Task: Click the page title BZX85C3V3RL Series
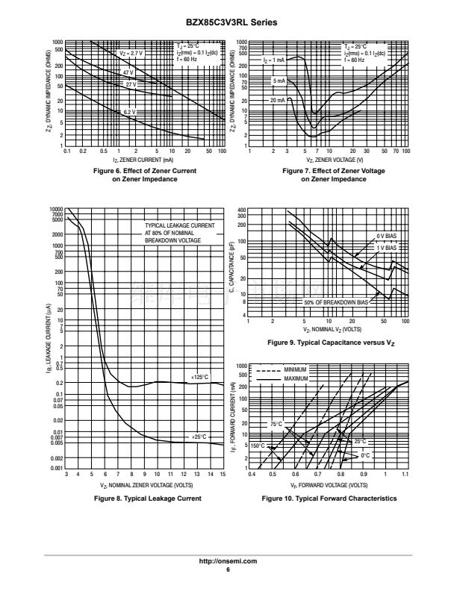point(228,23)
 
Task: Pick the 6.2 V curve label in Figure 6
point(130,111)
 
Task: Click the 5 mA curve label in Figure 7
point(279,80)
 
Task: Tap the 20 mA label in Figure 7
point(277,99)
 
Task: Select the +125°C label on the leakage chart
point(199,377)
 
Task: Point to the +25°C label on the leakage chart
point(198,436)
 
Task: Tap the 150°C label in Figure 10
point(258,445)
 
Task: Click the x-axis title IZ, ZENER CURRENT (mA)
point(144,160)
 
